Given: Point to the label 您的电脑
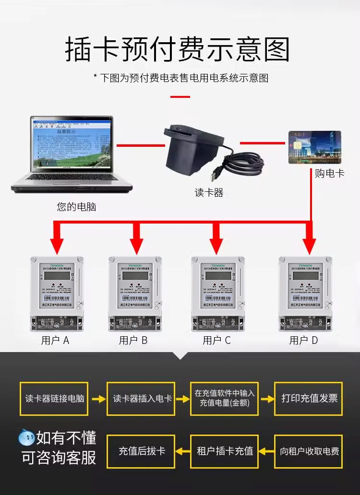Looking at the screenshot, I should [77, 207].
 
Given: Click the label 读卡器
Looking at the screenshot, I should [209, 193].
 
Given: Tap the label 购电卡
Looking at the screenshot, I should [329, 173].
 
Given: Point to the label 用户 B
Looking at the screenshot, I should [133, 341].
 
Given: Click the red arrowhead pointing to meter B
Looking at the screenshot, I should [136, 245].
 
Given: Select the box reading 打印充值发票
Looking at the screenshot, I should [309, 399].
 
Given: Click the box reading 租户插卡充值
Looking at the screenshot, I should [225, 451].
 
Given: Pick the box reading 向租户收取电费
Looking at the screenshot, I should [309, 451].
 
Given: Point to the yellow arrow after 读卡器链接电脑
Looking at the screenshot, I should [98, 399].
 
